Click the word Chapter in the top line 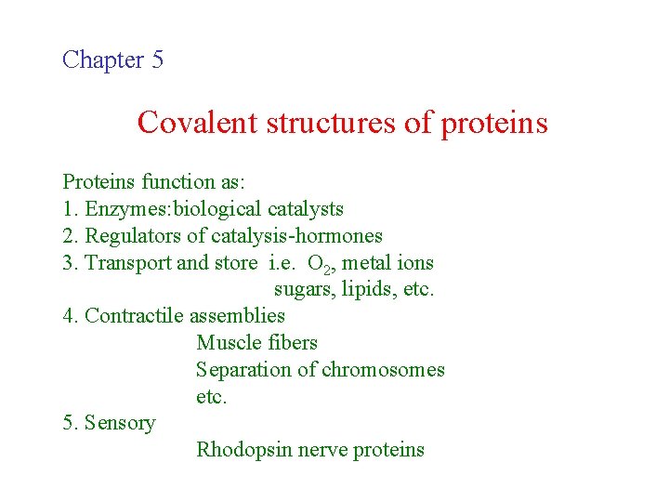[x=102, y=60]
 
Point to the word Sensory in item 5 [x=120, y=423]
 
